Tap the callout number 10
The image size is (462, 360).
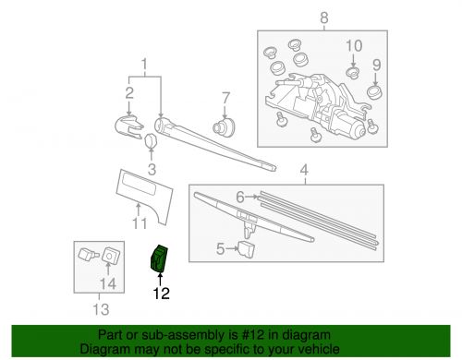355,45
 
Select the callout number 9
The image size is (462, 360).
376,66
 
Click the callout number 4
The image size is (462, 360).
302,169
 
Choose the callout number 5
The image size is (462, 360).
220,247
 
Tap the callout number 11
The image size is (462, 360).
139,223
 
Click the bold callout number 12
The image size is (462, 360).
162,295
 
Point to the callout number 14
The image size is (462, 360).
108,283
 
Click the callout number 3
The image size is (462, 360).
152,169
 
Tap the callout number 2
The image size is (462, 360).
129,92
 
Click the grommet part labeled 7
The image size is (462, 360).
223,126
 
